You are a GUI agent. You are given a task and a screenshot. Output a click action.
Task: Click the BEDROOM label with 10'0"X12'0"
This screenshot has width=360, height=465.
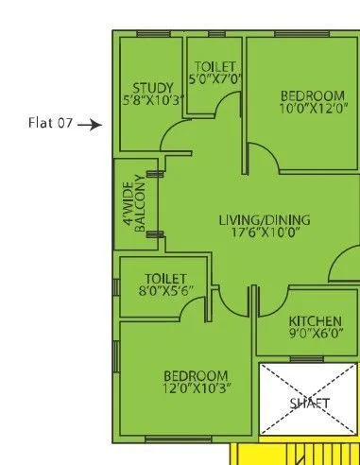point(312,95)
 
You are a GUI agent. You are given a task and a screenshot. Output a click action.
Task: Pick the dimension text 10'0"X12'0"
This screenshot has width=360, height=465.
point(312,109)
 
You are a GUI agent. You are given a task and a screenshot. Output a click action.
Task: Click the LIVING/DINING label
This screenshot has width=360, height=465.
point(265,221)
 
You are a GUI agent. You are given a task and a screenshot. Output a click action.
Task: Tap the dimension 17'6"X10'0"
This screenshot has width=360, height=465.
point(265,233)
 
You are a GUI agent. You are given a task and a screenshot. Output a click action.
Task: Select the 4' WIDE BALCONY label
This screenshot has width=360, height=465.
point(133,204)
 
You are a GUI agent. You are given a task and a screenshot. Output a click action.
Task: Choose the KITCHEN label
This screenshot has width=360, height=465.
point(315,319)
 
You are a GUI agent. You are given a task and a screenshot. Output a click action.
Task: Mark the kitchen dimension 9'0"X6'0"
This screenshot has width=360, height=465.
point(315,333)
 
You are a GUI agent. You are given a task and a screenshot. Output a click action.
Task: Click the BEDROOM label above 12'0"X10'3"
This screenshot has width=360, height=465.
point(196,375)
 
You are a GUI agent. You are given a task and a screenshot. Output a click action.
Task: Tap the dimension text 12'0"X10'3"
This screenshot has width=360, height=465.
point(196,388)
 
